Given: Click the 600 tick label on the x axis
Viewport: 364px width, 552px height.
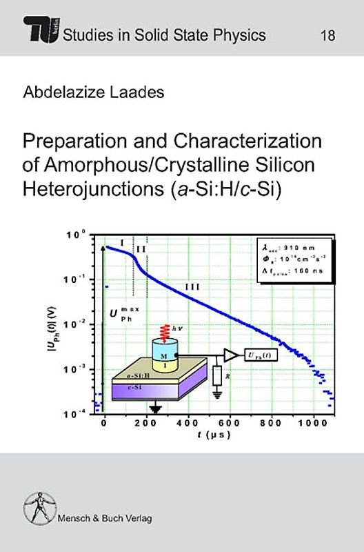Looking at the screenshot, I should pos(230,423).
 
